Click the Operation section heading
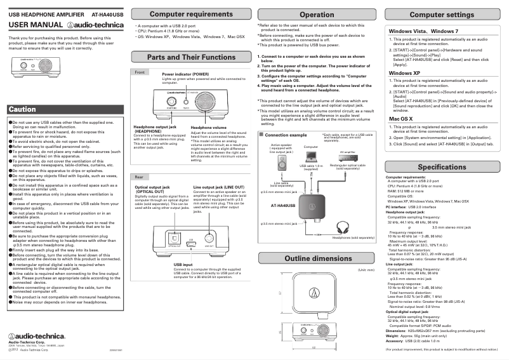tap(317, 14)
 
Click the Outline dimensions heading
tap(317, 258)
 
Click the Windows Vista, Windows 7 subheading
tap(423, 30)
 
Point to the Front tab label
tap(140, 72)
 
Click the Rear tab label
tap(139, 176)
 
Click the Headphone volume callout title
tap(209, 128)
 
